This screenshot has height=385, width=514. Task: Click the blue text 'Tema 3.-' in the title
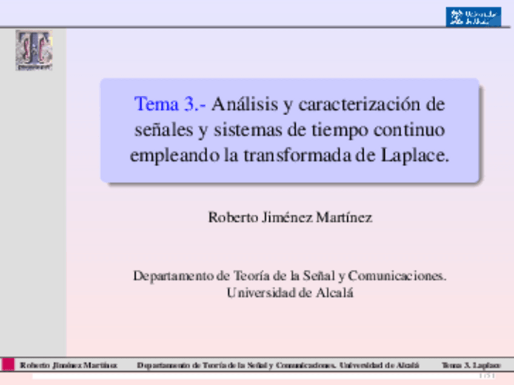point(170,104)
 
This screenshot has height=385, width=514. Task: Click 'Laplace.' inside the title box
point(416,155)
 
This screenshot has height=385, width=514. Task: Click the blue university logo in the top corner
point(473,16)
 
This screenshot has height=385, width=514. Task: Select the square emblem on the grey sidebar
point(34,50)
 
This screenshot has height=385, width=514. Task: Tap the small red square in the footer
point(8,364)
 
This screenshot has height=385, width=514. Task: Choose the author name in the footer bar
point(68,366)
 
